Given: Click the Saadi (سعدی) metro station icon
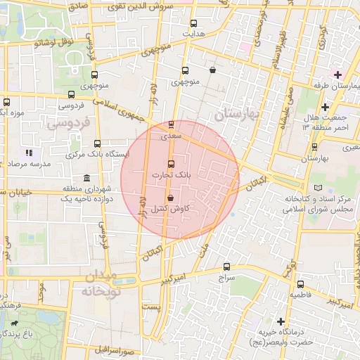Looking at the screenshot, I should click(x=172, y=124).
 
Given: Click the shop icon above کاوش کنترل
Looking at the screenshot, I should click(x=171, y=199).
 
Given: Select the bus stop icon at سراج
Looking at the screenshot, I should click(x=226, y=266).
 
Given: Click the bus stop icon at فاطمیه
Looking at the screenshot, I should click(x=301, y=285).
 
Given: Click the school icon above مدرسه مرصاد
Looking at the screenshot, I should click(x=29, y=152).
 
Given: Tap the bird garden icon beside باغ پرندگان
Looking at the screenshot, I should click(x=14, y=324).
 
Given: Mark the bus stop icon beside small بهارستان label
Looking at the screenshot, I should click(x=314, y=147).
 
